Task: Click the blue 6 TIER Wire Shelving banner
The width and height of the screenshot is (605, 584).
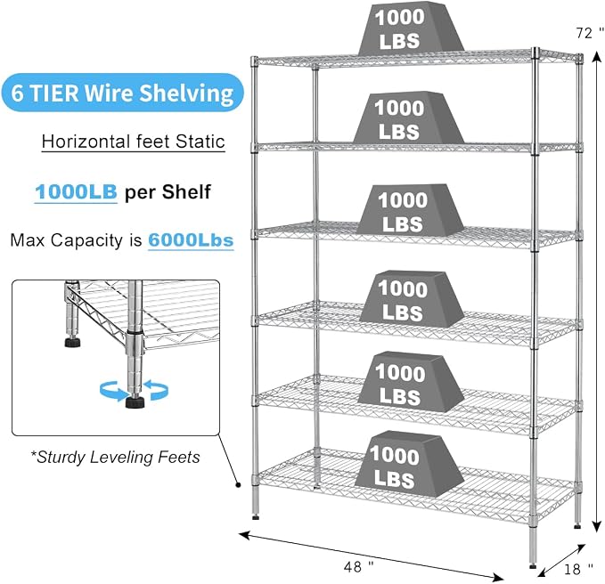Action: (123, 93)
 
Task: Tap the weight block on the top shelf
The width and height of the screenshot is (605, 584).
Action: (411, 28)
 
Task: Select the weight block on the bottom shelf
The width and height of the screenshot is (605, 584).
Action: (409, 464)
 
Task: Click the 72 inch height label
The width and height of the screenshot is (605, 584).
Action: (590, 33)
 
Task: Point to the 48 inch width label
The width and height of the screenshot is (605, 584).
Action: (358, 567)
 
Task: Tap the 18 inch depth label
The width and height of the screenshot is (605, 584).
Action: (578, 569)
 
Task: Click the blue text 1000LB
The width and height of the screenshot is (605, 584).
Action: (76, 191)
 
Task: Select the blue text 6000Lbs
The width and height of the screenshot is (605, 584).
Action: (191, 239)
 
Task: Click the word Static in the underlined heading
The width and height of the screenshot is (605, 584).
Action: (200, 141)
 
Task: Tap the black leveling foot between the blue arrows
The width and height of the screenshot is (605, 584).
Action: (135, 402)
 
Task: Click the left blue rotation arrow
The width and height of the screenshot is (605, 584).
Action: (113, 391)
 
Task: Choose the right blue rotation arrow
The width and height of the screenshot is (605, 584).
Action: (156, 389)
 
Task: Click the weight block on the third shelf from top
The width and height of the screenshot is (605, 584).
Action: (411, 210)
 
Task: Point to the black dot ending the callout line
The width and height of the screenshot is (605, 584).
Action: (238, 485)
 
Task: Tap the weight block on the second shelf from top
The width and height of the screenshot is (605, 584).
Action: (409, 118)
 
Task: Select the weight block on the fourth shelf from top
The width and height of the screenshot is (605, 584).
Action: (412, 299)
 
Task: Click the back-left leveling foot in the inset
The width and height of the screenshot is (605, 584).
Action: (72, 343)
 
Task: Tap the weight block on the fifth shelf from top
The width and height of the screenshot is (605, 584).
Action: (411, 382)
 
